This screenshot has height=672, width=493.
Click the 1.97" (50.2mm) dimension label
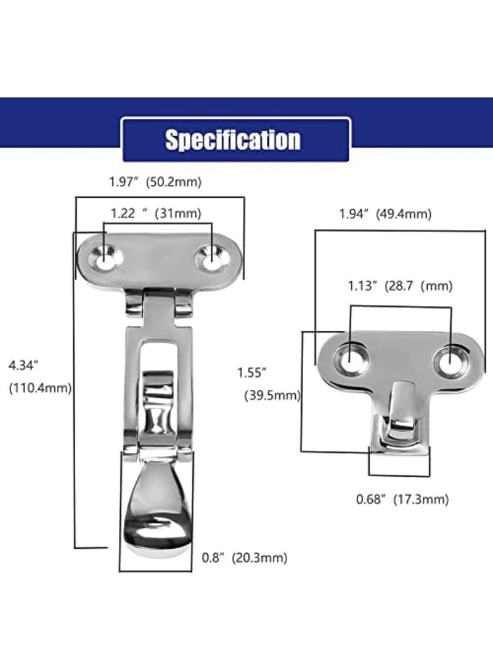155,182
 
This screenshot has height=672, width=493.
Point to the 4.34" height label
24,365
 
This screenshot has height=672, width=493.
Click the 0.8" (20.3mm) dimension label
245,559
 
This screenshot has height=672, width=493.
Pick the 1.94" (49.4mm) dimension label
385,214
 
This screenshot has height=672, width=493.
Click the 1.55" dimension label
252,372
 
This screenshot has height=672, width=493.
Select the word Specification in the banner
232,140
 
